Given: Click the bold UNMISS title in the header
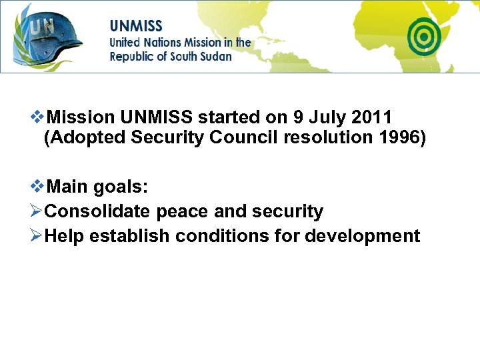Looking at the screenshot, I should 136,27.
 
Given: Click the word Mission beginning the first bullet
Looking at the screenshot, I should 81,117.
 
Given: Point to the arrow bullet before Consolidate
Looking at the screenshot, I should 37,212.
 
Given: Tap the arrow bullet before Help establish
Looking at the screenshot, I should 37,236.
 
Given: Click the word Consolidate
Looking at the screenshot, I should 97,212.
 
